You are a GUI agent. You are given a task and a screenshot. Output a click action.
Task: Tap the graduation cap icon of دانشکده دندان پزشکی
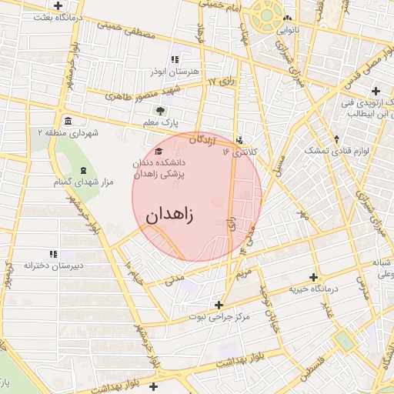point(159,151)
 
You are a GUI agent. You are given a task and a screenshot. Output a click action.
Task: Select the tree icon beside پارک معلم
point(161,111)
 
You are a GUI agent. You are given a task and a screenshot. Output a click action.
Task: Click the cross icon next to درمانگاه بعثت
point(58,6)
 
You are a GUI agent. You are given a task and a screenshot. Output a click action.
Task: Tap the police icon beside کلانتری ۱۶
point(242,140)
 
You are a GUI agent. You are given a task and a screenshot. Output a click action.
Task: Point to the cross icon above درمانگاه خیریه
point(312,277)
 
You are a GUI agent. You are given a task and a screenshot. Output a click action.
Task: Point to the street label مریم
point(245,272)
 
